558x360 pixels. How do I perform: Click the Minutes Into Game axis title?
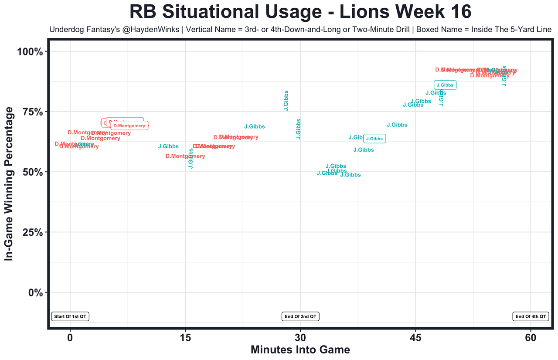point(300,350)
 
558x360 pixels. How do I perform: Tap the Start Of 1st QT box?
point(70,317)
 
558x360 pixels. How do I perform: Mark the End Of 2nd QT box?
point(300,317)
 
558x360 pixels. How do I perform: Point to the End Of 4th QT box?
point(531,317)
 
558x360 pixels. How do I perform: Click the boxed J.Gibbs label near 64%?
point(374,139)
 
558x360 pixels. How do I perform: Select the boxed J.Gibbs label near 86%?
point(445,85)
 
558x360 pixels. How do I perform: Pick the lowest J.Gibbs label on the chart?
point(350,175)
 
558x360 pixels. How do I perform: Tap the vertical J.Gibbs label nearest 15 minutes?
point(191,158)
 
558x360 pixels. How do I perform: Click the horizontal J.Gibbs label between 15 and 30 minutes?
point(255,127)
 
